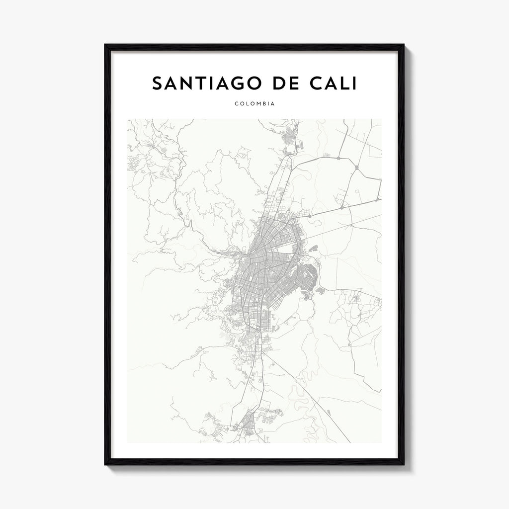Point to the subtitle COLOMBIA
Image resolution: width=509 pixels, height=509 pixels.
pyautogui.click(x=254, y=104)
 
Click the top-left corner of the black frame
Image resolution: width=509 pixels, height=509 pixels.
pyautogui.click(x=105, y=45)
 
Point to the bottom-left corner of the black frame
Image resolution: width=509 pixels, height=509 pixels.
pyautogui.click(x=105, y=464)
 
